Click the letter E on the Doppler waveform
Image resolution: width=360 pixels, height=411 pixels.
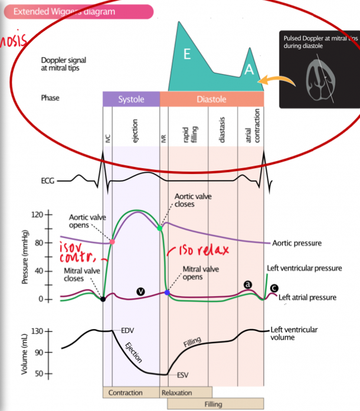pyautogui.click(x=186, y=54)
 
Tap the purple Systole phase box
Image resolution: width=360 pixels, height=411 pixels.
pyautogui.click(x=131, y=99)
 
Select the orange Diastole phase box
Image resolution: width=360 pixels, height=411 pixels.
pyautogui.click(x=211, y=99)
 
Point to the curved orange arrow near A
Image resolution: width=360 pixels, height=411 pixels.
pyautogui.click(x=277, y=80)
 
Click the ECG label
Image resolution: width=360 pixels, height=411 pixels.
pyautogui.click(x=48, y=181)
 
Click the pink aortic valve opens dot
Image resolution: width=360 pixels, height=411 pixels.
pyautogui.click(x=112, y=242)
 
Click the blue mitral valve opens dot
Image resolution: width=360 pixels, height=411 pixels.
pyautogui.click(x=168, y=292)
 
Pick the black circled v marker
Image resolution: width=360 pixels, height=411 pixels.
pyautogui.click(x=140, y=291)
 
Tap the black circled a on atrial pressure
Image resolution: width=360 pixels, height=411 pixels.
pyautogui.click(x=248, y=285)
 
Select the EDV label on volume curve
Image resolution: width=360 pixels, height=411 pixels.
pyautogui.click(x=128, y=330)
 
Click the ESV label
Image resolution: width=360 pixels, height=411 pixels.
pyautogui.click(x=183, y=374)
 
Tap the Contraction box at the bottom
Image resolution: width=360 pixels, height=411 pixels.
pyautogui.click(x=125, y=393)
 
